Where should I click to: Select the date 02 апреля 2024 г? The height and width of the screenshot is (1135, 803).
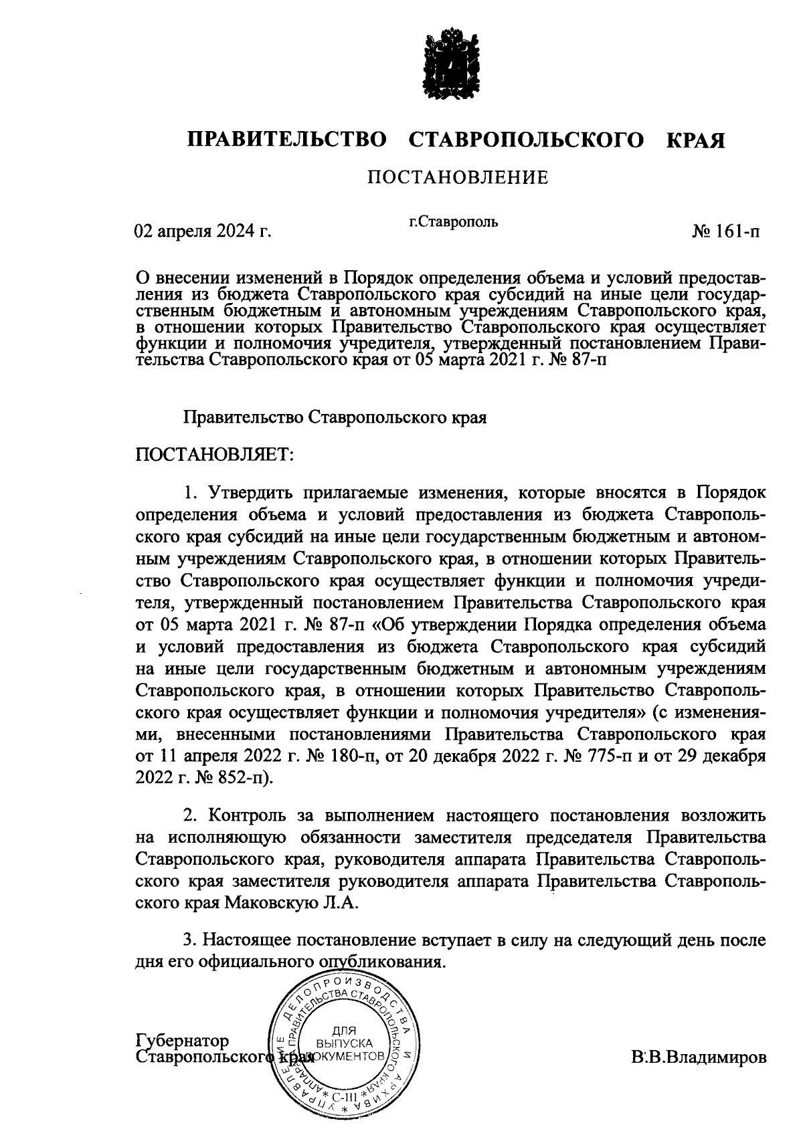point(203,231)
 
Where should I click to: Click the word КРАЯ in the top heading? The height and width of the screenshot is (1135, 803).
point(696,141)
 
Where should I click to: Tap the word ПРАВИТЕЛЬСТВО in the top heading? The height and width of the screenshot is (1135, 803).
point(287,141)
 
